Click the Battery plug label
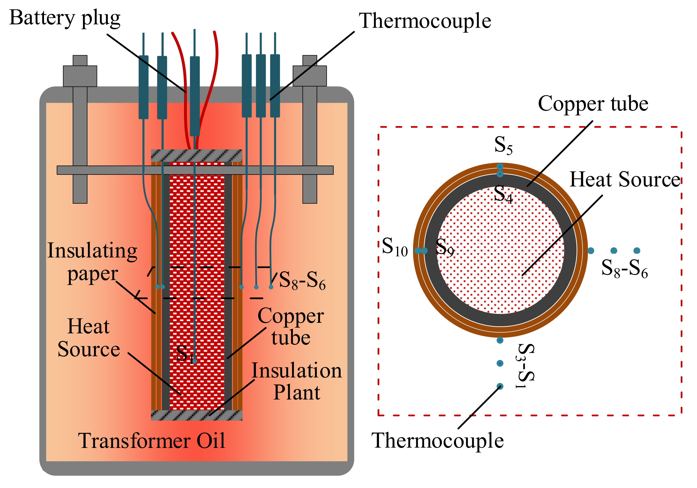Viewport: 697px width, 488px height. coord(65,18)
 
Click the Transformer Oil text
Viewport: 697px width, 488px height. coord(151,441)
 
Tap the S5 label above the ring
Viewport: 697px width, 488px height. coord(503,145)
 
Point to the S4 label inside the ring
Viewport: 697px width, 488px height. coord(503,194)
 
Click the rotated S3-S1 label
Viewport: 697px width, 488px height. coord(525,366)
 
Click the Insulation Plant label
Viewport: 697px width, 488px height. coord(297,381)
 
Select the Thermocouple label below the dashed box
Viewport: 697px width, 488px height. coord(437,441)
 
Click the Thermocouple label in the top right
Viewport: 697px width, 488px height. coord(425,21)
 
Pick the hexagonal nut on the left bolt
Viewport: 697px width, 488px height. coord(80,76)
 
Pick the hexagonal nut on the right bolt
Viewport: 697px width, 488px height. coord(309,76)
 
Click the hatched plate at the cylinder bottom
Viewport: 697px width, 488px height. coord(196,416)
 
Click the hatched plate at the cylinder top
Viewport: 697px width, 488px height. coord(196,156)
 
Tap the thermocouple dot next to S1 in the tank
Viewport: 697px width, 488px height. coord(195,361)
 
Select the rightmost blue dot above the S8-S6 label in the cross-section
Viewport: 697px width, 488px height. coord(637,251)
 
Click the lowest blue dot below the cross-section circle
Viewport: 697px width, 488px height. coord(500,386)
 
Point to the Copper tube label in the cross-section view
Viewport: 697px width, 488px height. coord(593,104)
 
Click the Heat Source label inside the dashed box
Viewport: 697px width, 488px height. coord(625,180)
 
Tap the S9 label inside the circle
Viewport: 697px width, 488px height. coord(445,247)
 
